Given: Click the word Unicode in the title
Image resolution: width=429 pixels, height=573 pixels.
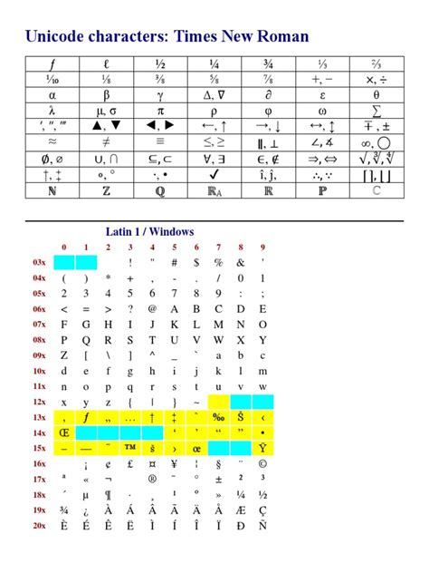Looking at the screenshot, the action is click(x=52, y=36).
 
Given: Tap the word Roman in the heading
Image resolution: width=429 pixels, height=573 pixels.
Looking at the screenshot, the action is click(x=281, y=36).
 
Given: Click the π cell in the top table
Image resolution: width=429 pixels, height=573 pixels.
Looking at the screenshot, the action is click(x=161, y=111).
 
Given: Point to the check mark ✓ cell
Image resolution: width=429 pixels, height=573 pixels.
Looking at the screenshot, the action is click(x=214, y=174).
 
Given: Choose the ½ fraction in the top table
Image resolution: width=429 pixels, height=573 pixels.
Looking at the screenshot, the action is click(x=161, y=63).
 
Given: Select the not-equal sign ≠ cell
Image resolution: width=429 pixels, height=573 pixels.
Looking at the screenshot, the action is click(x=108, y=142).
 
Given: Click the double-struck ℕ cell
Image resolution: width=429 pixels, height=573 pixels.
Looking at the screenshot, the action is click(x=53, y=191).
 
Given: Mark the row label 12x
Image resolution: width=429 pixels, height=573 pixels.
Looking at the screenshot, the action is click(x=39, y=402).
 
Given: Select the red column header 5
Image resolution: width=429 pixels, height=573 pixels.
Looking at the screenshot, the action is click(x=174, y=248).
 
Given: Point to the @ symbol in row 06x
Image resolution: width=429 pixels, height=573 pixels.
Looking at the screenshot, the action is click(x=152, y=306).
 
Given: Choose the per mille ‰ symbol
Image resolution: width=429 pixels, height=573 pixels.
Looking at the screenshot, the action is click(x=218, y=418).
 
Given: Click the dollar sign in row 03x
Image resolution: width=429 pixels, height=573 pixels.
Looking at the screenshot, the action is click(x=196, y=263).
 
